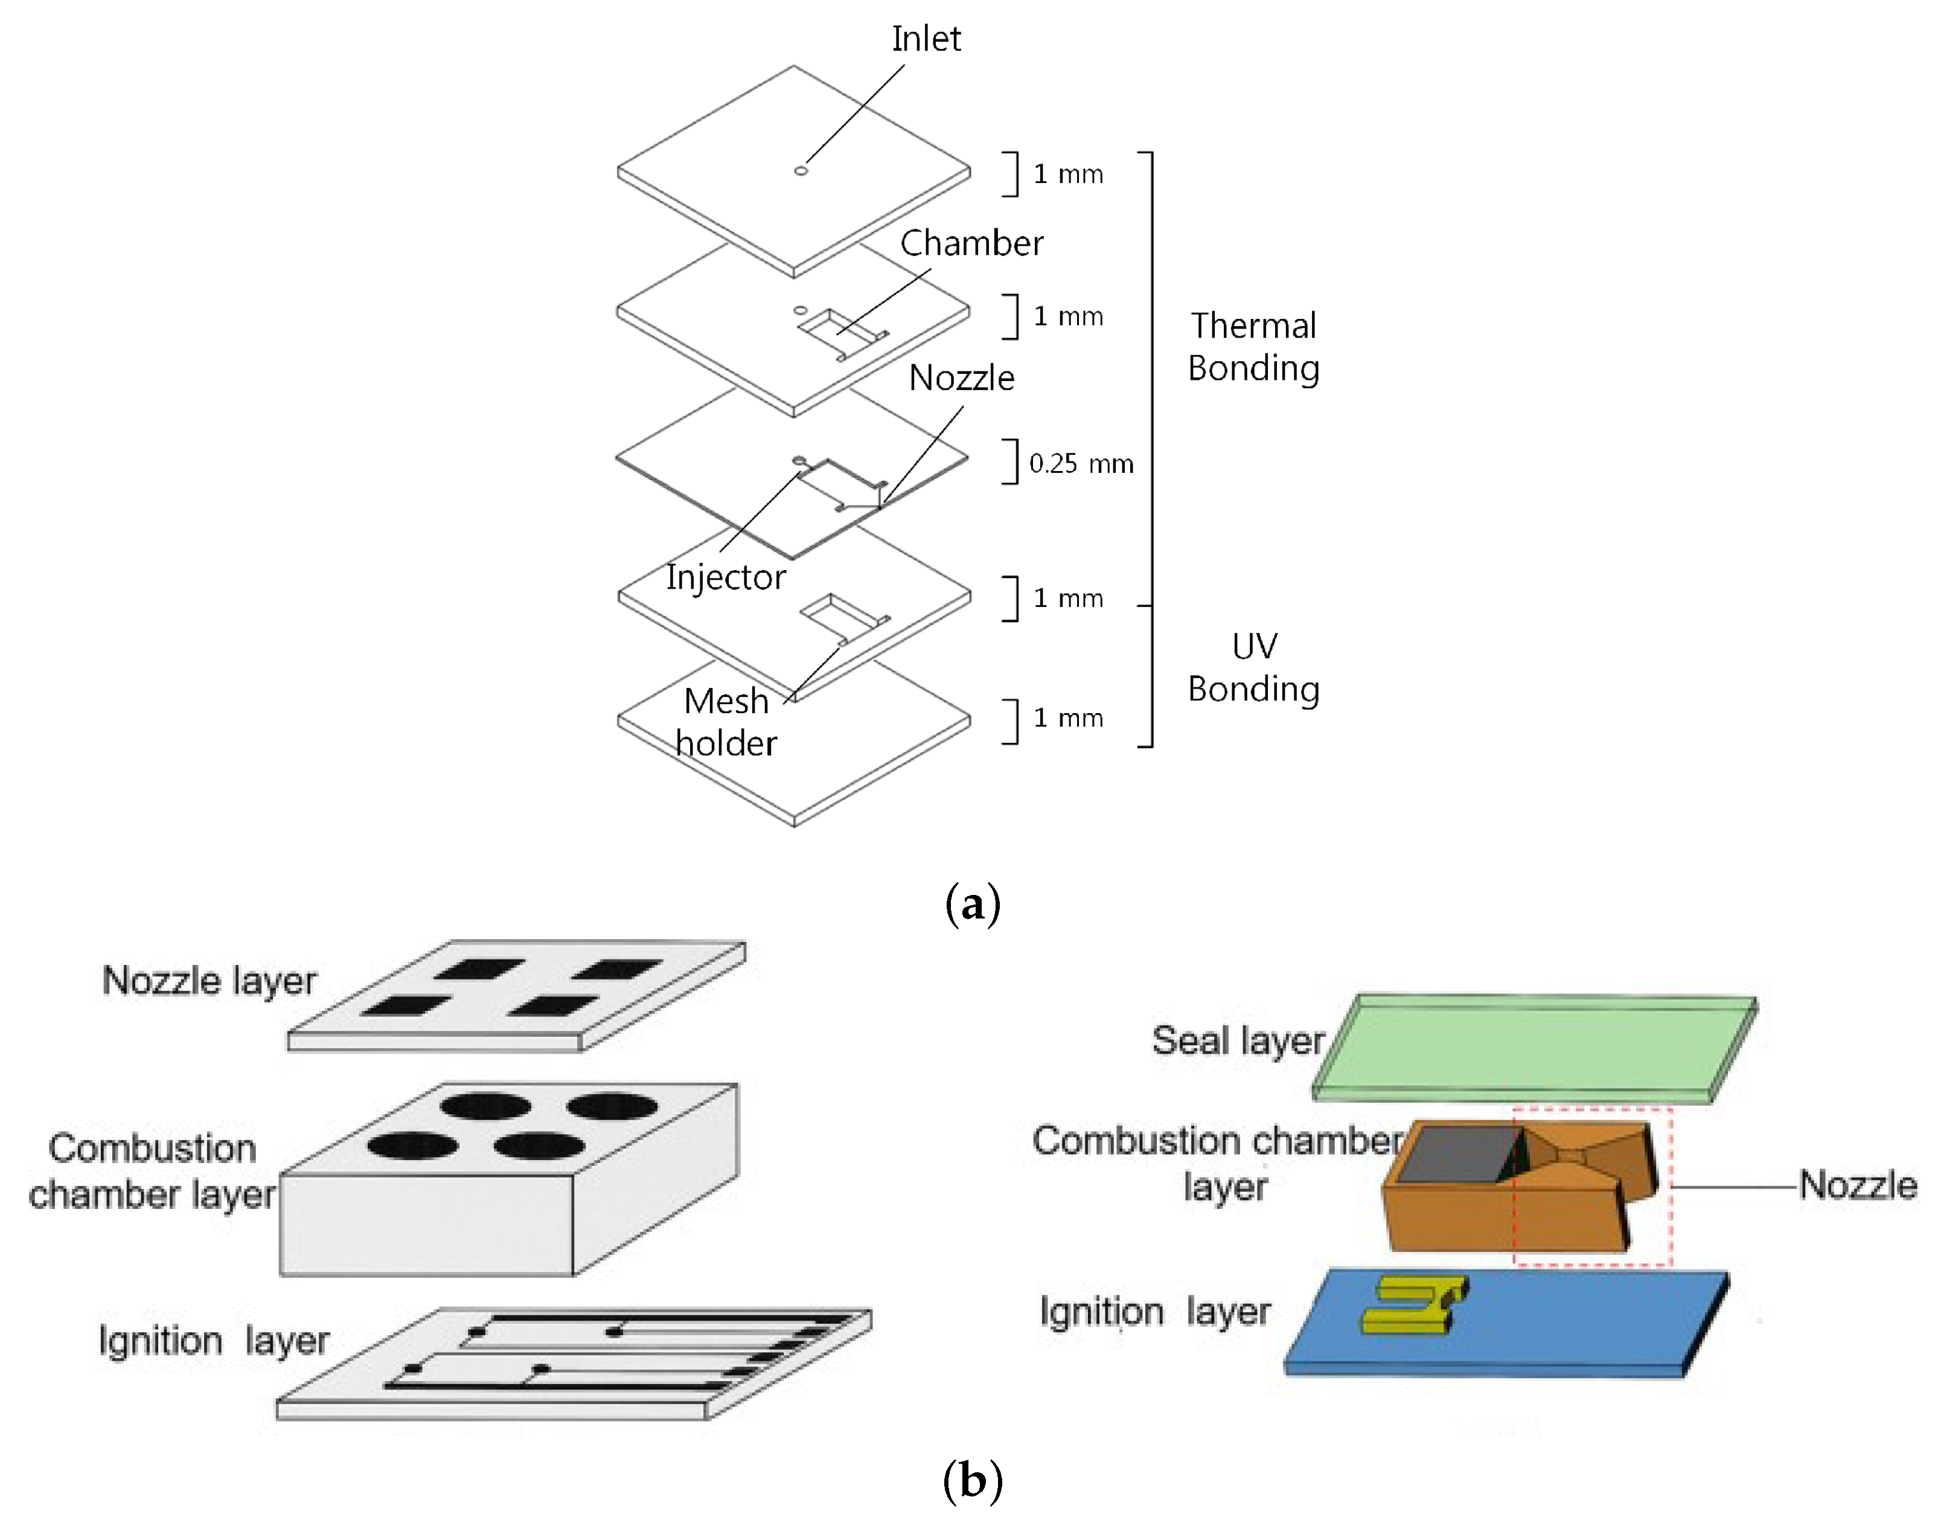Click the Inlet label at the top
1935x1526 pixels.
926,39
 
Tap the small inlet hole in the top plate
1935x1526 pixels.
801,171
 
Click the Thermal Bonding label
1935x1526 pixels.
1253,347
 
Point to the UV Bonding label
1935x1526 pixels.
1253,667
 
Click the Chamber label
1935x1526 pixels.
971,243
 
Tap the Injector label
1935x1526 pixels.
726,577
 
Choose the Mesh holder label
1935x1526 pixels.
726,722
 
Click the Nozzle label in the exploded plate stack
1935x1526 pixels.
961,378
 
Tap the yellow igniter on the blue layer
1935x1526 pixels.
1412,1304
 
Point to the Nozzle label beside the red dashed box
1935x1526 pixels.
1857,1185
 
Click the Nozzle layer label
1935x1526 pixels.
209,980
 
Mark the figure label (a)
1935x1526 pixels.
972,904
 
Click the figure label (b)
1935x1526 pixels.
972,1481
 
